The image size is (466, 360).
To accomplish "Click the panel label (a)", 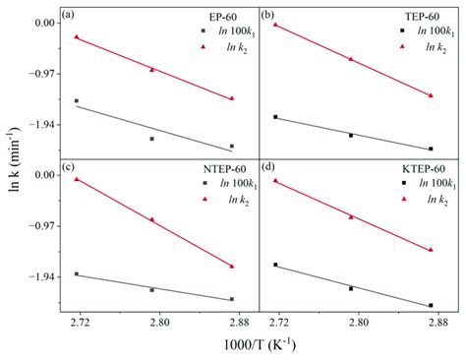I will tap(70, 15).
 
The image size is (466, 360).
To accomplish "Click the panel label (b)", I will tap(269, 15).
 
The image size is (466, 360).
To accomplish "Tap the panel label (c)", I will tap(70, 167).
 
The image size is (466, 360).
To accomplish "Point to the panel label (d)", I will tap(269, 167).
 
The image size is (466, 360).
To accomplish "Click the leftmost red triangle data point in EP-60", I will tap(77, 37).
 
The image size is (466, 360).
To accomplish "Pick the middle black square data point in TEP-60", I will tap(351, 135).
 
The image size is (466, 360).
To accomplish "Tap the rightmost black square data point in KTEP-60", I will tap(431, 305).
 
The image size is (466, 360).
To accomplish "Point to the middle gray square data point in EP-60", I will tap(152, 139).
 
